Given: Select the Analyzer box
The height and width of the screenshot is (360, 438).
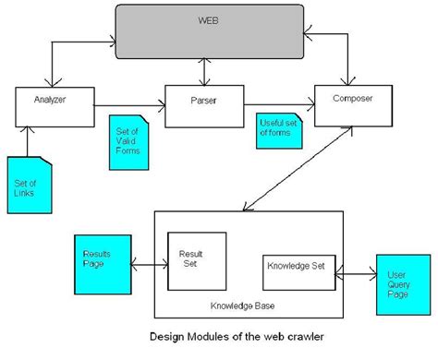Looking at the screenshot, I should coord(44,103).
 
